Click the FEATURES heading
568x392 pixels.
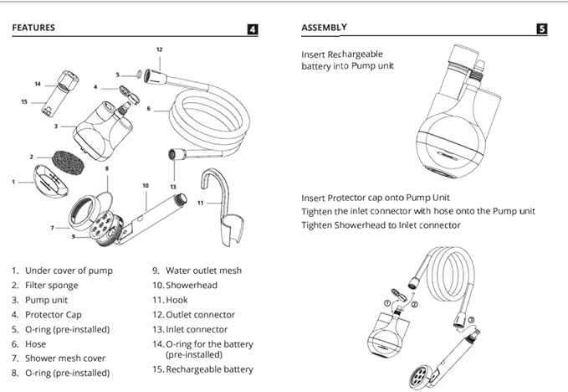[33, 28]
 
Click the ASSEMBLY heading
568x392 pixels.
[323, 28]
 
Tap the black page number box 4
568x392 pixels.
[253, 29]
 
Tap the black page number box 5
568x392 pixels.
[541, 28]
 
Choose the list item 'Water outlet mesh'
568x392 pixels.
[194, 271]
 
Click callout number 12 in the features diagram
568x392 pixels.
[159, 50]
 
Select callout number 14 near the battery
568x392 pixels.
[38, 84]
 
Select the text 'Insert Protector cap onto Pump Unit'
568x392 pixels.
[373, 197]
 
